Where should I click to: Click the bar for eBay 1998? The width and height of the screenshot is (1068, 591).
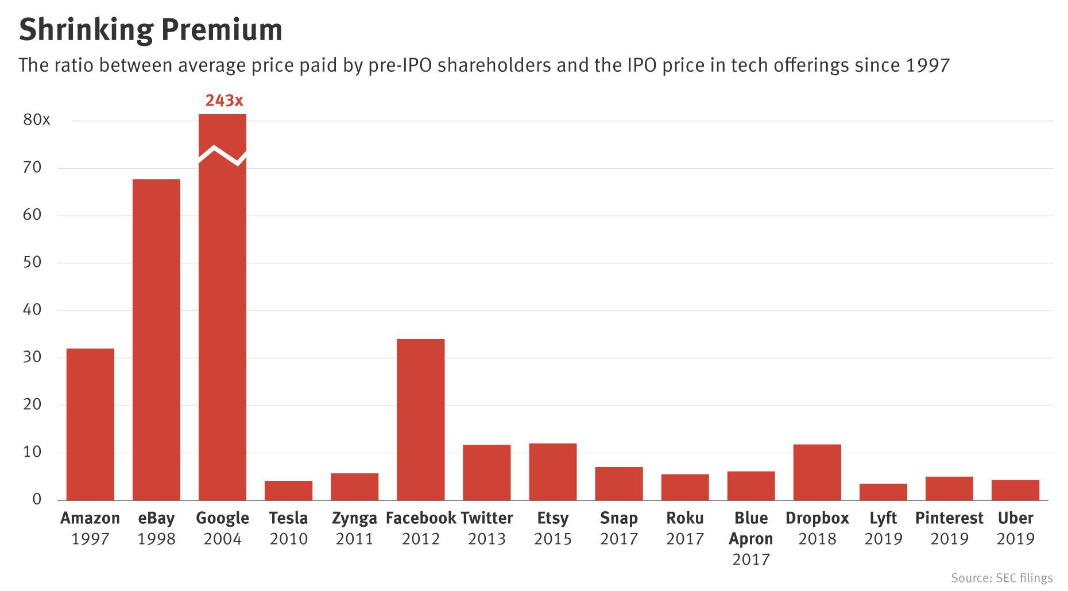point(156,340)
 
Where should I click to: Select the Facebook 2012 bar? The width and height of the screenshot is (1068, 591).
point(420,419)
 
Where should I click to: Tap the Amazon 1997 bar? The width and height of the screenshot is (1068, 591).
point(90,424)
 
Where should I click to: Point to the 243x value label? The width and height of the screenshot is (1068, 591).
point(224,101)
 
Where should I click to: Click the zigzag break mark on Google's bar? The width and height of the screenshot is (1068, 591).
point(223,155)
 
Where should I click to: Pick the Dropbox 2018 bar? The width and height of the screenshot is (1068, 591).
point(817,472)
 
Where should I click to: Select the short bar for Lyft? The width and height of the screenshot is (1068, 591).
point(883,492)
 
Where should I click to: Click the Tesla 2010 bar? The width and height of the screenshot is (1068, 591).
point(288,491)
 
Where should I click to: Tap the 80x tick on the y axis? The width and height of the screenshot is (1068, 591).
point(37,120)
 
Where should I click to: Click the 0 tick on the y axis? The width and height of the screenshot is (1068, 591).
point(37,499)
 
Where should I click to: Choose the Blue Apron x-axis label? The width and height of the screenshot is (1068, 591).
point(751,528)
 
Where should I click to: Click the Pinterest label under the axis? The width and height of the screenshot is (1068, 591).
point(949,518)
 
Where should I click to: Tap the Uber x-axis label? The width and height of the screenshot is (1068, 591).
point(1015,518)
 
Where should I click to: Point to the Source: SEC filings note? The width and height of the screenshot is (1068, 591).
point(1001,577)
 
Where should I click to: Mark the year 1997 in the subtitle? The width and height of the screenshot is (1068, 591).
point(927,65)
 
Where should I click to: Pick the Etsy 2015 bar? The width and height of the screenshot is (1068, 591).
point(552,472)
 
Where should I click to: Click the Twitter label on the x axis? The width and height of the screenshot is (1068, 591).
point(486,518)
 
